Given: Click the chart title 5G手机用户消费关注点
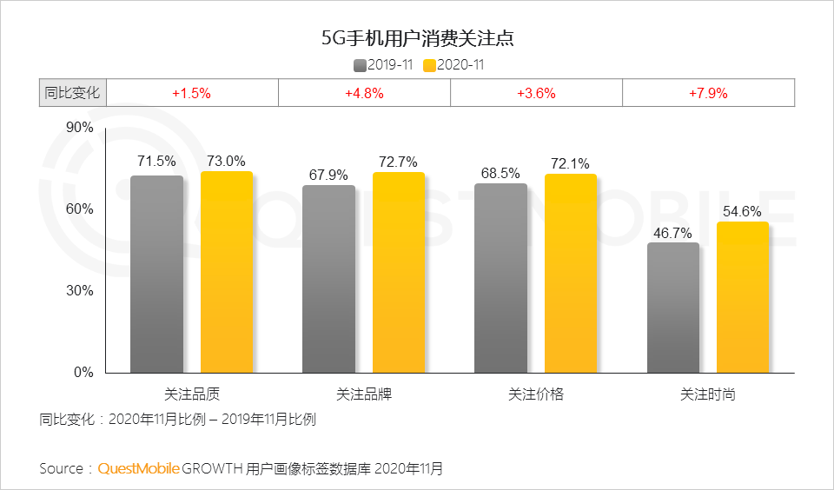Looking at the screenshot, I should click(x=417, y=38).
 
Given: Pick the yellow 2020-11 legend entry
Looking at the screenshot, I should click(x=454, y=64).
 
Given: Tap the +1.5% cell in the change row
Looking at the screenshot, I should click(x=191, y=93).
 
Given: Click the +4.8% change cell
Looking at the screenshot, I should click(x=364, y=93).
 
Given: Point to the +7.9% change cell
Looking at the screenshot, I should click(x=708, y=93).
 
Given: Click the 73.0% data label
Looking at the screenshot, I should click(x=226, y=161).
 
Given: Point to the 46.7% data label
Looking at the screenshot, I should click(x=673, y=233).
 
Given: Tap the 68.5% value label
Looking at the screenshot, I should click(x=501, y=174).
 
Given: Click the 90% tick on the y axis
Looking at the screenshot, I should click(x=80, y=129).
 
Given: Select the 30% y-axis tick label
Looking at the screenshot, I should click(x=80, y=291).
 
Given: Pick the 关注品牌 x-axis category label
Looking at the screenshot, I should click(x=364, y=394).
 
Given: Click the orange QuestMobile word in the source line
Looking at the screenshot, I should click(x=139, y=469).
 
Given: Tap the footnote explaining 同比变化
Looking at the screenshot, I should click(x=177, y=420).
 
